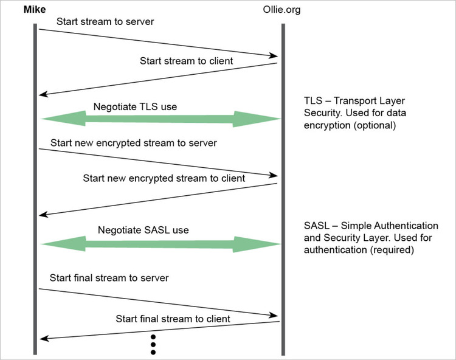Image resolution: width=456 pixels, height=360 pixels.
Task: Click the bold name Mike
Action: pyautogui.click(x=35, y=10)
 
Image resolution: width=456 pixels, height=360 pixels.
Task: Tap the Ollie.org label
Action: pyautogui.click(x=282, y=10)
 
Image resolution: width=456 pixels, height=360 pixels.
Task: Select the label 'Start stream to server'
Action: pyautogui.click(x=105, y=21)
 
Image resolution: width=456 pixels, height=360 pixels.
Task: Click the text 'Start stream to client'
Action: pyautogui.click(x=186, y=61)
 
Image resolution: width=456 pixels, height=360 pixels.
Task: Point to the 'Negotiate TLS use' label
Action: pyautogui.click(x=135, y=106)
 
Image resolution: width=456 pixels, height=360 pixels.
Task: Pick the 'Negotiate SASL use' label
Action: pyautogui.click(x=143, y=230)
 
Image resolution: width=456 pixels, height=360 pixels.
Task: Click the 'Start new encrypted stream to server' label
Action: pyautogui.click(x=134, y=143)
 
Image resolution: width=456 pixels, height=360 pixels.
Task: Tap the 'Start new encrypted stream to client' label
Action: pyautogui.click(x=164, y=178)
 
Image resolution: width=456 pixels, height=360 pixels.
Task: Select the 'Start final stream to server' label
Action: pyautogui.click(x=109, y=278)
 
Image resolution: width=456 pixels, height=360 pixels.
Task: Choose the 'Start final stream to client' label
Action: pyautogui.click(x=173, y=319)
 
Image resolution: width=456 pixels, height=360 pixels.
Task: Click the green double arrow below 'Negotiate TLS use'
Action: pyautogui.click(x=161, y=119)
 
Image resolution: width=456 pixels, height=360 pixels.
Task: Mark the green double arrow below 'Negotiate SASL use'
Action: pyautogui.click(x=161, y=244)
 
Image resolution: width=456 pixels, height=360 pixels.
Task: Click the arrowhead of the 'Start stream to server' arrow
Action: pyautogui.click(x=274, y=55)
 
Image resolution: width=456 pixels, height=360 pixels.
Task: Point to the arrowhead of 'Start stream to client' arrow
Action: pyautogui.click(x=43, y=94)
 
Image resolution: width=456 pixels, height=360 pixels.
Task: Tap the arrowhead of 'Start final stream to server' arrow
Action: pyautogui.click(x=274, y=315)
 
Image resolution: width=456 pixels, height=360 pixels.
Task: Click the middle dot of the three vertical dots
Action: pyautogui.click(x=153, y=345)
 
